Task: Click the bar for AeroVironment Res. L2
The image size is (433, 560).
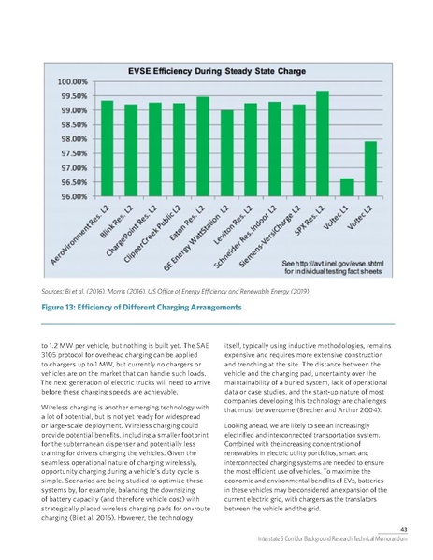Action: (x=108, y=149)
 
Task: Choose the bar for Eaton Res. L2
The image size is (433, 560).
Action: (x=203, y=147)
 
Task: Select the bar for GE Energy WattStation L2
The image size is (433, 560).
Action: (x=227, y=153)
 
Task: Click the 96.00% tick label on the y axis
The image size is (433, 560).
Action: (x=75, y=196)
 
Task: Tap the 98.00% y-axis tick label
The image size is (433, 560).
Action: (x=75, y=139)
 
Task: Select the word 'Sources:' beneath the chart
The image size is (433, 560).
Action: (x=58, y=292)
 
